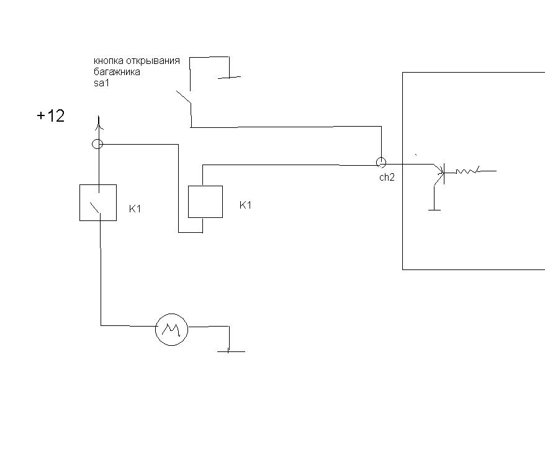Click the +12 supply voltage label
[x=51, y=115]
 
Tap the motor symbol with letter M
[x=171, y=329]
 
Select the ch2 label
[x=387, y=178]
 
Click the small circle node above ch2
[x=381, y=162]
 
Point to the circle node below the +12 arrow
[x=97, y=143]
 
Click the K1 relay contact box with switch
[x=98, y=202]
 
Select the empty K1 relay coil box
[x=205, y=202]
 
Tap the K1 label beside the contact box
[x=135, y=209]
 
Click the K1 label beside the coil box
[x=245, y=205]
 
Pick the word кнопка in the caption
[x=109, y=60]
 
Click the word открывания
[x=153, y=61]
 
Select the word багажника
[x=117, y=72]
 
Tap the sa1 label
[x=101, y=83]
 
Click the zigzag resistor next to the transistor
[x=468, y=171]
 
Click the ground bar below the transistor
[x=435, y=210]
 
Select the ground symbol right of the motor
[x=231, y=351]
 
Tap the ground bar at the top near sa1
[x=230, y=77]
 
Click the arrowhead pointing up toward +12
[x=99, y=124]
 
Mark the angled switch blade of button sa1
[x=184, y=97]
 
